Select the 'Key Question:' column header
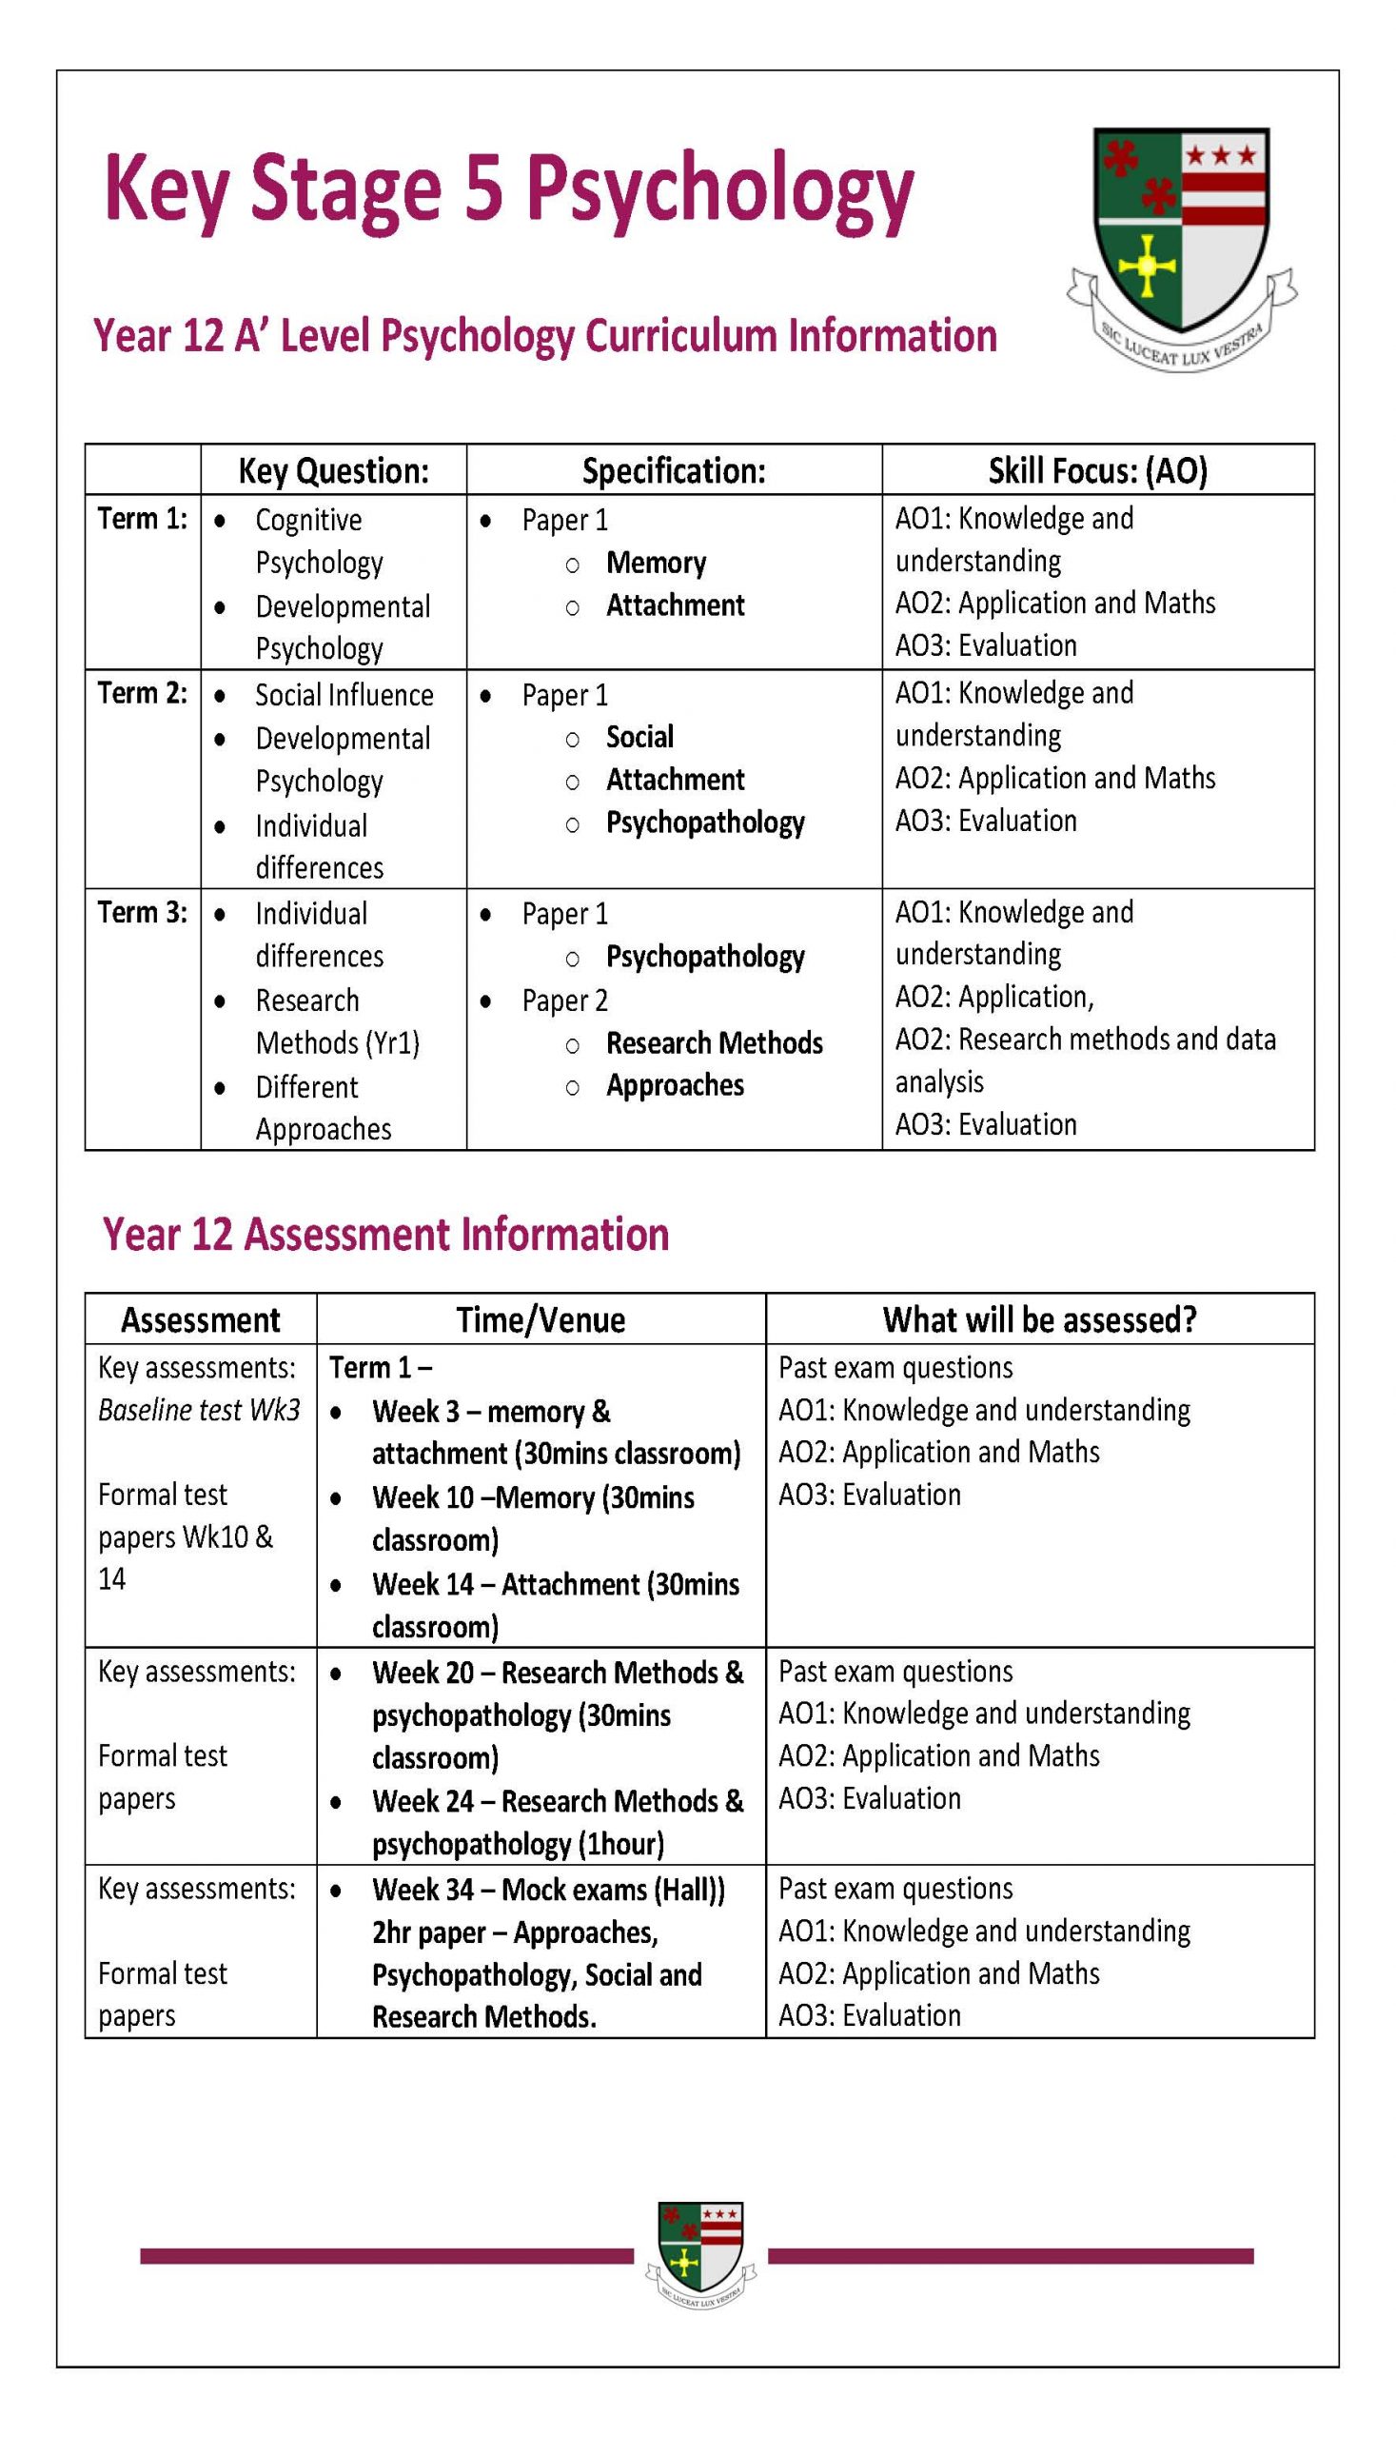click(333, 470)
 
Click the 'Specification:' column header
click(673, 470)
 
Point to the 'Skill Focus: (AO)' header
click(1097, 470)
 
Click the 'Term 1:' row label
click(142, 519)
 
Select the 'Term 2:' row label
click(142, 693)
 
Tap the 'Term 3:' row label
click(142, 912)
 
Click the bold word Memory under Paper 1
click(656, 563)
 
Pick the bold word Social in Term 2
click(639, 737)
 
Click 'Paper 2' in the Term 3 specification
click(564, 1001)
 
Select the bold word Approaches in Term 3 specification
click(674, 1084)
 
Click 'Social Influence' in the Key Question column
click(344, 694)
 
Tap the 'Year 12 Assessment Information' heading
click(385, 1235)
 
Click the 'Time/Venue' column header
click(541, 1319)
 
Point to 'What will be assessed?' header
click(1039, 1319)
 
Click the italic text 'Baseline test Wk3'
click(199, 1410)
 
